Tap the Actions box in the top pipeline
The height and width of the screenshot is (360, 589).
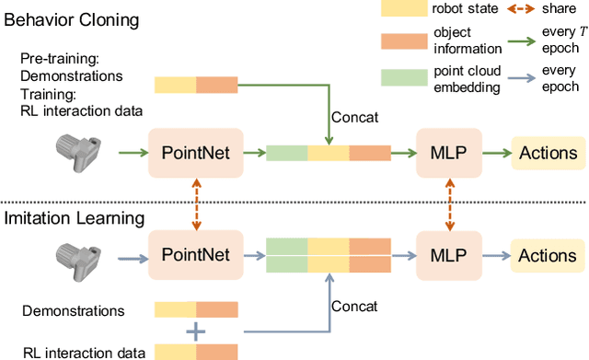point(549,153)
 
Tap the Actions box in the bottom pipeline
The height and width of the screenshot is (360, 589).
point(549,253)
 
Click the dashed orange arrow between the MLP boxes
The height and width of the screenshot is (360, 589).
point(450,203)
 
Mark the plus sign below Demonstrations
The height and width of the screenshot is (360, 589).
point(195,331)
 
